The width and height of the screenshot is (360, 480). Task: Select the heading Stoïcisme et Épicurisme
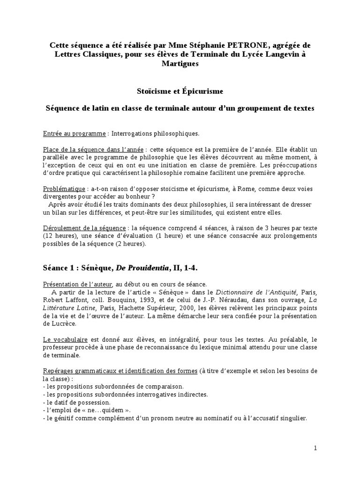point(180,90)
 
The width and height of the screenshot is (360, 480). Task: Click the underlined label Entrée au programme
point(74,134)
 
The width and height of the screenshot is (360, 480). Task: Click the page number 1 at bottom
point(315,448)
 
